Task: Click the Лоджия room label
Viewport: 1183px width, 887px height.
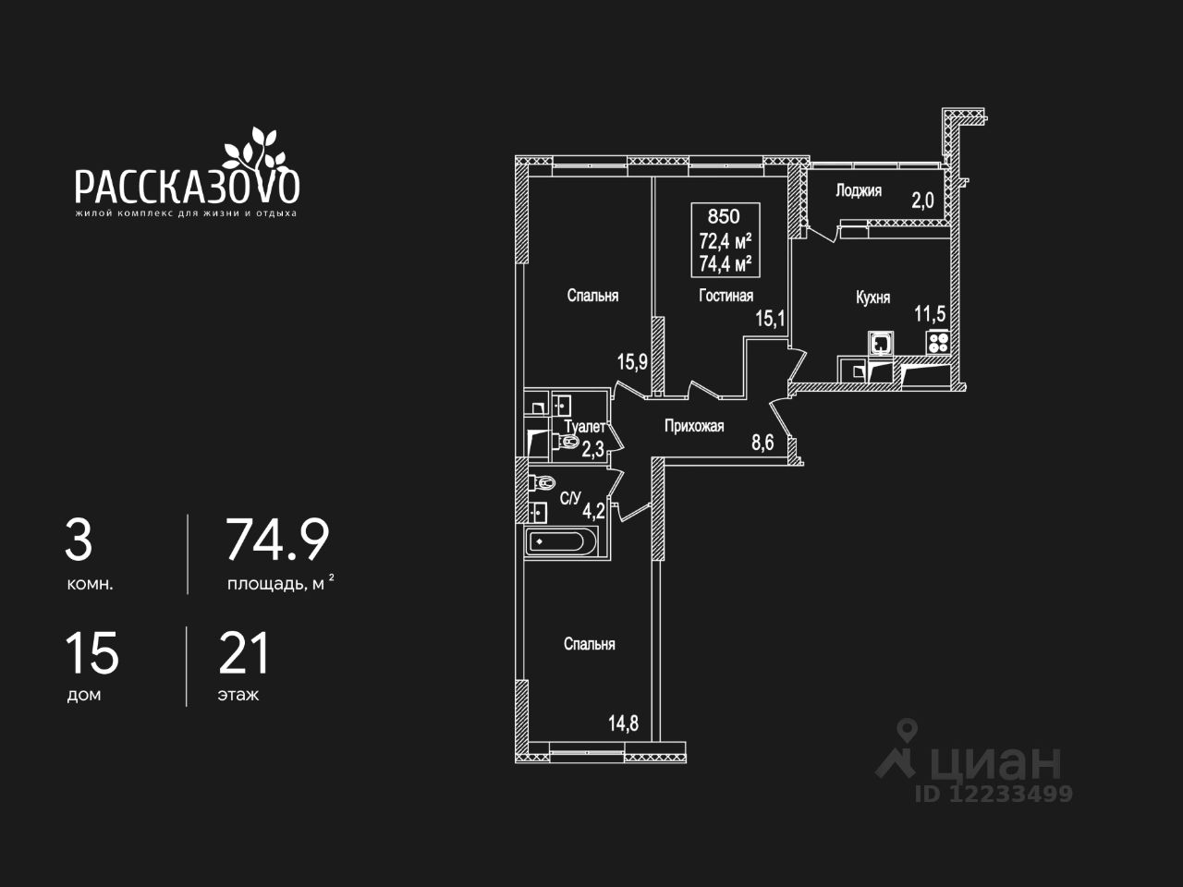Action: click(858, 190)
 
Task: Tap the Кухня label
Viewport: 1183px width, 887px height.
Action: click(872, 298)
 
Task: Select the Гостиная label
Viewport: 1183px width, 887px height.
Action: click(726, 296)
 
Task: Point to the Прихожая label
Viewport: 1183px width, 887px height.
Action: click(694, 426)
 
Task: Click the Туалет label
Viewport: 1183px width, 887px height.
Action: click(584, 427)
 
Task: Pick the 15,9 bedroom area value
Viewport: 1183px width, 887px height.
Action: click(632, 361)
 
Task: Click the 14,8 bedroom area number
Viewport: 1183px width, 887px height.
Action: click(623, 723)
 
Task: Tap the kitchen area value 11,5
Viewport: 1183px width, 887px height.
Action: click(930, 313)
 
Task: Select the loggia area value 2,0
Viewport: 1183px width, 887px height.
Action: click(922, 200)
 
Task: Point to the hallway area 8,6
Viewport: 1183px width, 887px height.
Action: click(762, 443)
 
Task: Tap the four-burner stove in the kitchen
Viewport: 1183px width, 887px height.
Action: click(937, 342)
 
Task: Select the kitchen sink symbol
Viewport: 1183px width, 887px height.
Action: click(881, 343)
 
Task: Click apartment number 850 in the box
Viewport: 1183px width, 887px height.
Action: click(724, 217)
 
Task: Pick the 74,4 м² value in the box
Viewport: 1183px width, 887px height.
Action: click(725, 263)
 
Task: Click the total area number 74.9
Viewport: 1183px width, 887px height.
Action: click(277, 541)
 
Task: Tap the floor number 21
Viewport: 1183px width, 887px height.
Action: click(244, 653)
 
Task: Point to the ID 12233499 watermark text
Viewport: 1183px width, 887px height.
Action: click(994, 794)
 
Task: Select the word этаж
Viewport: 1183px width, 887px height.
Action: click(238, 695)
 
